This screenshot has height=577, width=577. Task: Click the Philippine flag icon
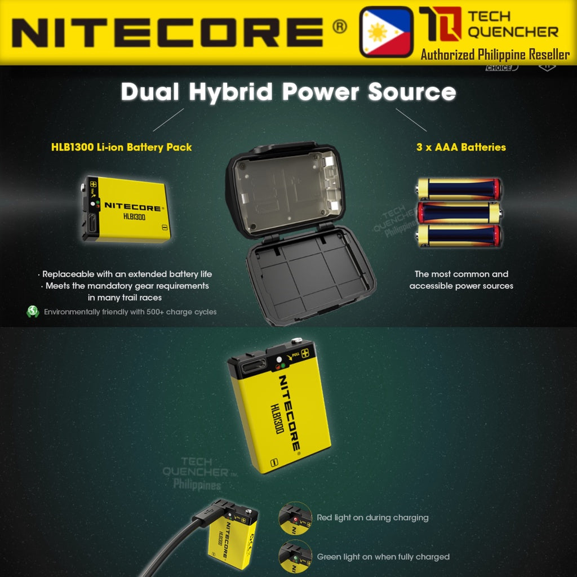coord(386,32)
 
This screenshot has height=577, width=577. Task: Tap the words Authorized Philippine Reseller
coord(495,55)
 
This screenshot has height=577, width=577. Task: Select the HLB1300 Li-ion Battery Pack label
coord(121,148)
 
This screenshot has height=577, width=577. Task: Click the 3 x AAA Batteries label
coord(461,148)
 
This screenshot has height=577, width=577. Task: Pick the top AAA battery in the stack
coord(459,189)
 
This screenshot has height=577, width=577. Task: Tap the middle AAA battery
coord(459,213)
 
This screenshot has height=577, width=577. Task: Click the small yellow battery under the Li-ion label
coord(127,209)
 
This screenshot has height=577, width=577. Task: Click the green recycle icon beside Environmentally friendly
coord(33,312)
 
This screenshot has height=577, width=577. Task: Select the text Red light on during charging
coord(372,518)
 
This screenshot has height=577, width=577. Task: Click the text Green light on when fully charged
coord(383,557)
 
